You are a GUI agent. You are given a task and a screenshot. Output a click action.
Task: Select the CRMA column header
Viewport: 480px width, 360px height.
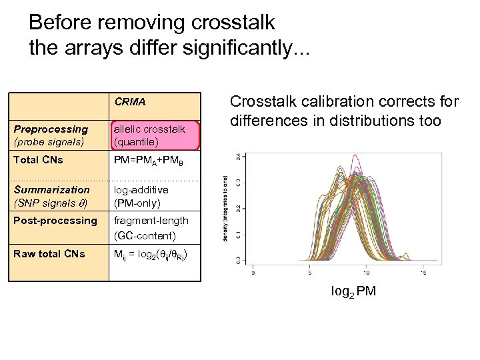[x=130, y=103]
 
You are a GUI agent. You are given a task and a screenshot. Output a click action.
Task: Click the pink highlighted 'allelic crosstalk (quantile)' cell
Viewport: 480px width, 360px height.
[x=155, y=135]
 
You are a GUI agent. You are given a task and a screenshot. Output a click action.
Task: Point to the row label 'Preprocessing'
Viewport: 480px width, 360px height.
[x=51, y=129]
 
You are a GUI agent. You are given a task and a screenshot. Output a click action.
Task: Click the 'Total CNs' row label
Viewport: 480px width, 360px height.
[x=39, y=160]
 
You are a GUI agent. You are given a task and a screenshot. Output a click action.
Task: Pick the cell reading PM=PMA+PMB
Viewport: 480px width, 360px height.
[x=147, y=161]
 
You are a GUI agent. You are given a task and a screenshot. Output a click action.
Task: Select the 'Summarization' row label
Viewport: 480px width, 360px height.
[x=52, y=189]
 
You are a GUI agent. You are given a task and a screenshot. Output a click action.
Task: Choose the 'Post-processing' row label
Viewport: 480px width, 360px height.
[x=55, y=221]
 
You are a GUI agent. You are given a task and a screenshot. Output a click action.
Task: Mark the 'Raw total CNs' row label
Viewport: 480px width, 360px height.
[x=49, y=253]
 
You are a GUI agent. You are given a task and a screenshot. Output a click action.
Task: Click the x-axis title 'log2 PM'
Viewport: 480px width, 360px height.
[x=353, y=291]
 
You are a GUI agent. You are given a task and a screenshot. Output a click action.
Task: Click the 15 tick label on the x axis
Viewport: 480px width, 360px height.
[x=423, y=272]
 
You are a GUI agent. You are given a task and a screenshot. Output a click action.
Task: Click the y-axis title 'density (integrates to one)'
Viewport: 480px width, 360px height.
[x=226, y=207]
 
